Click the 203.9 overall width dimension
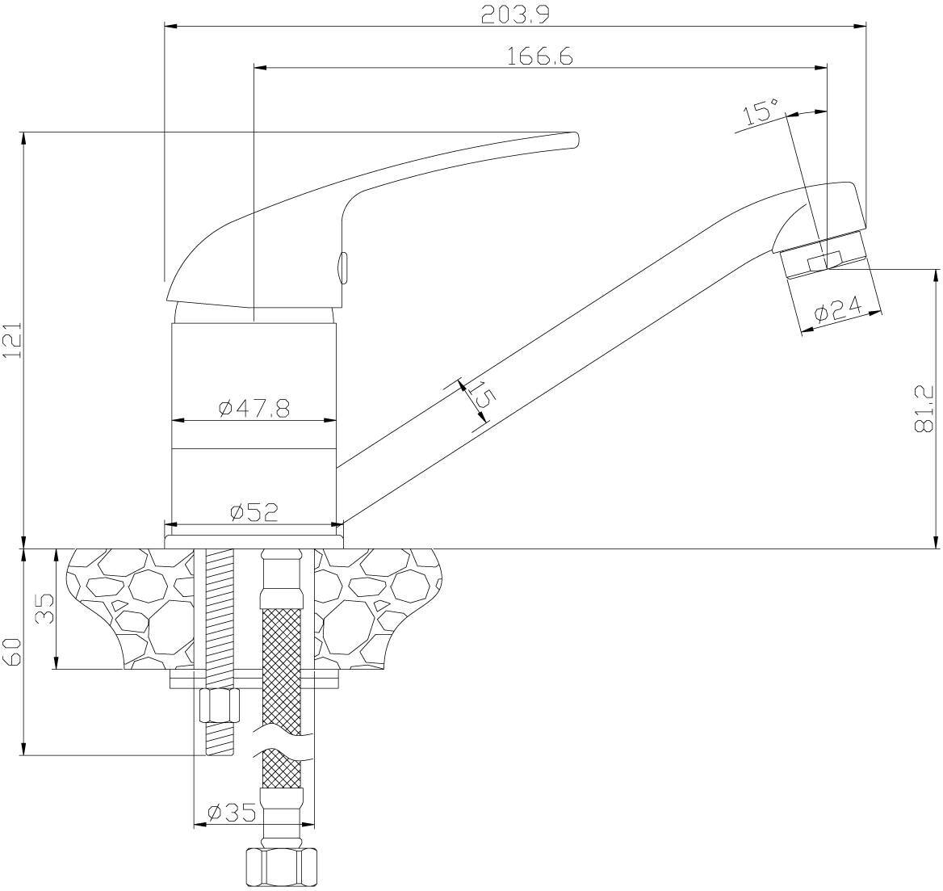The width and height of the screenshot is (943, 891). tap(515, 15)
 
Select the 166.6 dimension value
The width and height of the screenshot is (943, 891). tap(541, 56)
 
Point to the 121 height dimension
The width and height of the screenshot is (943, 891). tap(13, 340)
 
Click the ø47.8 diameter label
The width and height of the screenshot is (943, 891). tap(255, 409)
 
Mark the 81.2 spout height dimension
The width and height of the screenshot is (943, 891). tap(923, 409)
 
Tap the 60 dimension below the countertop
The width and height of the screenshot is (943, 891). tap(13, 652)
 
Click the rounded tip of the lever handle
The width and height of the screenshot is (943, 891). tap(574, 140)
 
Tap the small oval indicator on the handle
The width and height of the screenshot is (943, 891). tap(343, 267)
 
